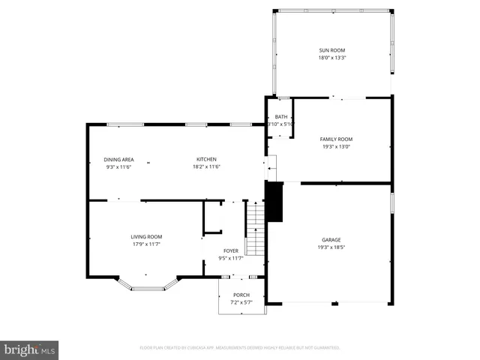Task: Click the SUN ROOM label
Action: (x=332, y=49)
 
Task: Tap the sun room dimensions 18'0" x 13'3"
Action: (x=332, y=57)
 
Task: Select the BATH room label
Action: (x=280, y=116)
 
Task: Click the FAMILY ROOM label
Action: (x=336, y=139)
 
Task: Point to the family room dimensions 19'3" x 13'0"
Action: (x=336, y=146)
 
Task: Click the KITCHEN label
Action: (x=206, y=159)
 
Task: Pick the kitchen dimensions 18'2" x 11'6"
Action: (x=206, y=166)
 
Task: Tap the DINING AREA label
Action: (x=118, y=159)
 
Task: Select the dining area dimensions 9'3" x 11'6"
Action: (x=118, y=166)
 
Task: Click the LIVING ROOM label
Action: (x=146, y=236)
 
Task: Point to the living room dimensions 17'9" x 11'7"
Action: (x=146, y=244)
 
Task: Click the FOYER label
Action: (x=231, y=250)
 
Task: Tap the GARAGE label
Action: (x=331, y=239)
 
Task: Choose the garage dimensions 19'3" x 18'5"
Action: (x=331, y=247)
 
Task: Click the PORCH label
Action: (x=241, y=295)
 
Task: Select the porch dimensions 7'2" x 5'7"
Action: (x=241, y=302)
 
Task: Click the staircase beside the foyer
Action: (x=256, y=229)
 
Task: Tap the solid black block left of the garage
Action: (x=274, y=202)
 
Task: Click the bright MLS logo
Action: (x=30, y=349)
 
